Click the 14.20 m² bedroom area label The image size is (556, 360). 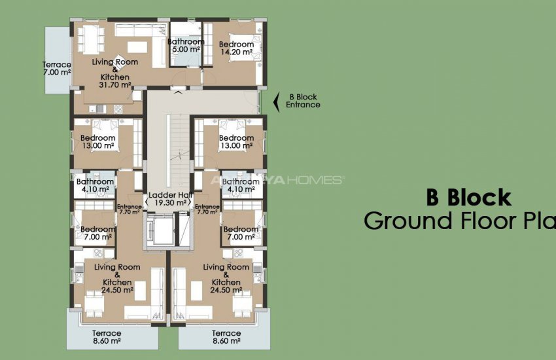(x=237, y=48)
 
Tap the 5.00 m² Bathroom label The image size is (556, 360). (x=185, y=45)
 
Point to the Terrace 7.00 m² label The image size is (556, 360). (x=57, y=68)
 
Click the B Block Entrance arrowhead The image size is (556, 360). (x=275, y=101)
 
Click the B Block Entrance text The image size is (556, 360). (x=303, y=101)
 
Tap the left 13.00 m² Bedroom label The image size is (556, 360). (x=98, y=142)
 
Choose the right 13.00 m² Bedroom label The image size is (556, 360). (x=236, y=142)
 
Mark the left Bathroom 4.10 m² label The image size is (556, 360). (x=96, y=186)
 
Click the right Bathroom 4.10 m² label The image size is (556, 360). (x=240, y=186)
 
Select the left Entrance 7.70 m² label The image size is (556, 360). (x=129, y=209)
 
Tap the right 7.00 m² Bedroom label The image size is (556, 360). (x=241, y=233)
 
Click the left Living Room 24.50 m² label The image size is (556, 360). (x=118, y=278)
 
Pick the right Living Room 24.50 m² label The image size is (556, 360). (x=226, y=278)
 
